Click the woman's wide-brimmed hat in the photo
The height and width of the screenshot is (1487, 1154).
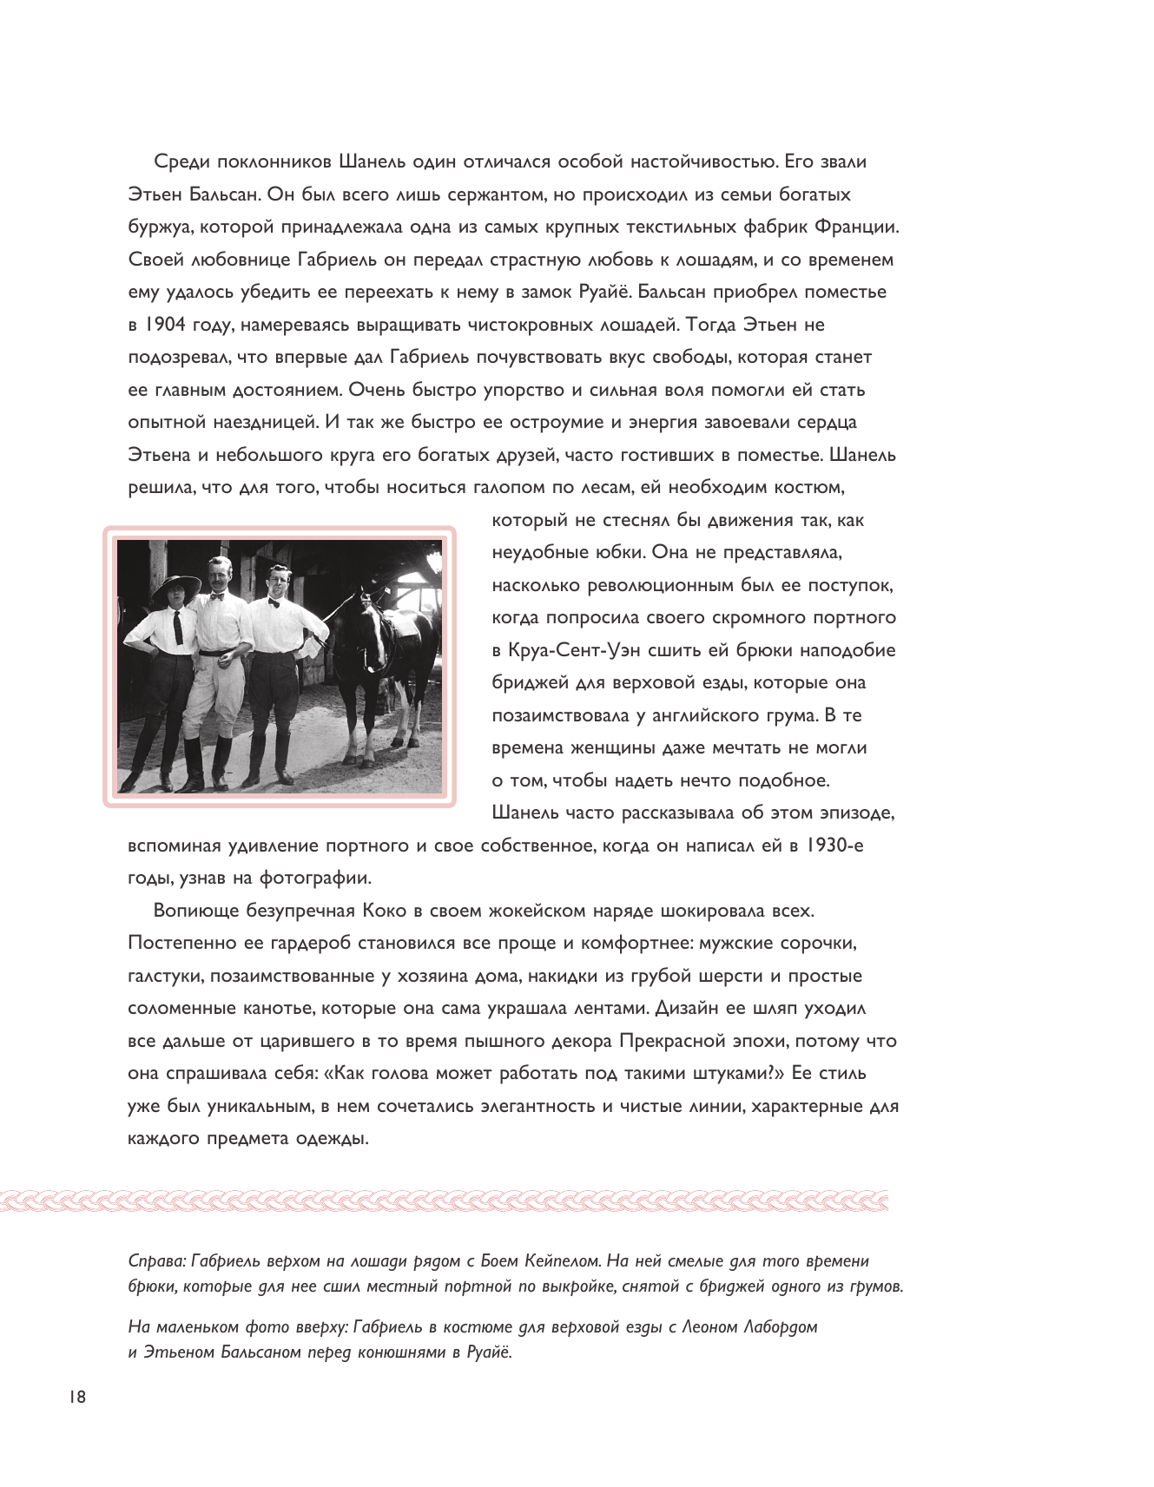tap(177, 589)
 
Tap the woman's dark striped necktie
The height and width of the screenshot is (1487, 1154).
tap(178, 627)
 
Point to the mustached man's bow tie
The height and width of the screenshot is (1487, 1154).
tap(217, 597)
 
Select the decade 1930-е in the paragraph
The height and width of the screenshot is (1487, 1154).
tap(834, 845)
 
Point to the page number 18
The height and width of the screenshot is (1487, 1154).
tap(76, 1397)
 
